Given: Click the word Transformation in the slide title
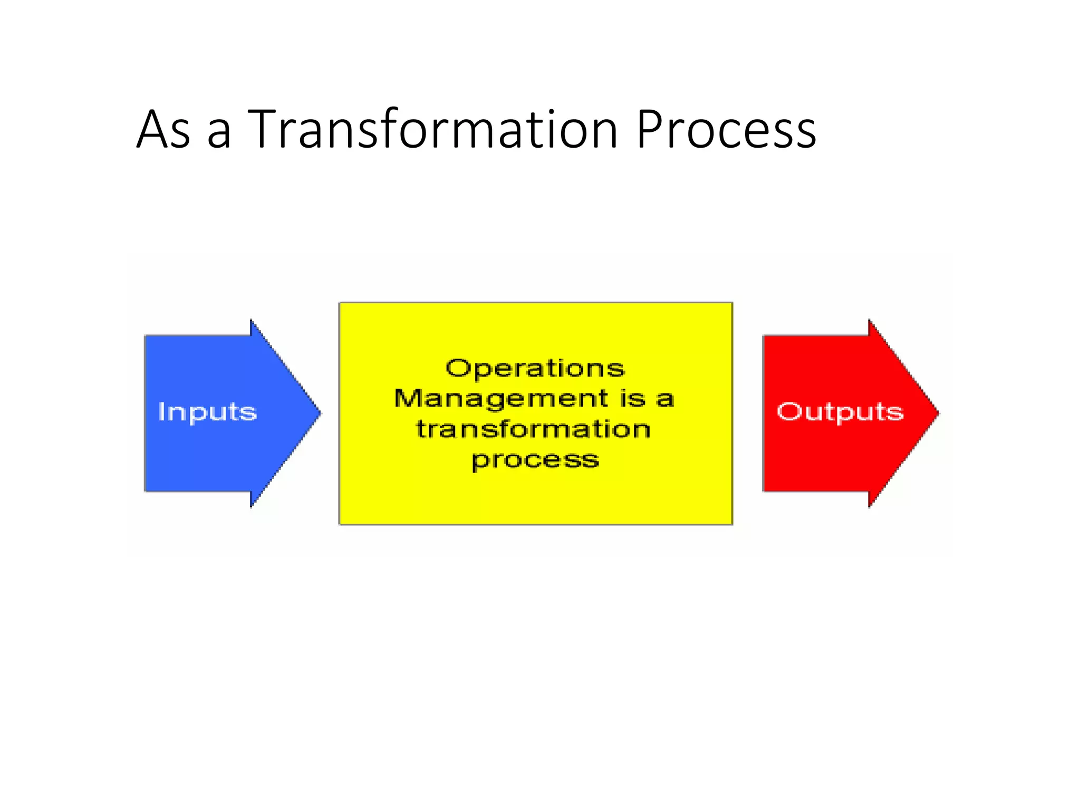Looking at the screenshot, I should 432,129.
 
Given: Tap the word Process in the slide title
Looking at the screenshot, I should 726,129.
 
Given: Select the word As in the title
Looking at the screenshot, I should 163,129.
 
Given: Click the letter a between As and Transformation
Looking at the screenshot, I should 219,133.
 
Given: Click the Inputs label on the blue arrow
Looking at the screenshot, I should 207,412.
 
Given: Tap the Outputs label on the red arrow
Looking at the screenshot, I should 840,412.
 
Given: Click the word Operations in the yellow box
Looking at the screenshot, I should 535,368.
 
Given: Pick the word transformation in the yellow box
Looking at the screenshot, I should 533,429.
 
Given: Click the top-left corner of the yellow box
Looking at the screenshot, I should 340,303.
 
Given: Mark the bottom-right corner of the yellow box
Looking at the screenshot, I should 732,524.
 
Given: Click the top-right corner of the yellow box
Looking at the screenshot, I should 732,303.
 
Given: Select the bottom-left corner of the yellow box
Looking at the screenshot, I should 340,524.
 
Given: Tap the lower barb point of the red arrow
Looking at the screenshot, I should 870,506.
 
